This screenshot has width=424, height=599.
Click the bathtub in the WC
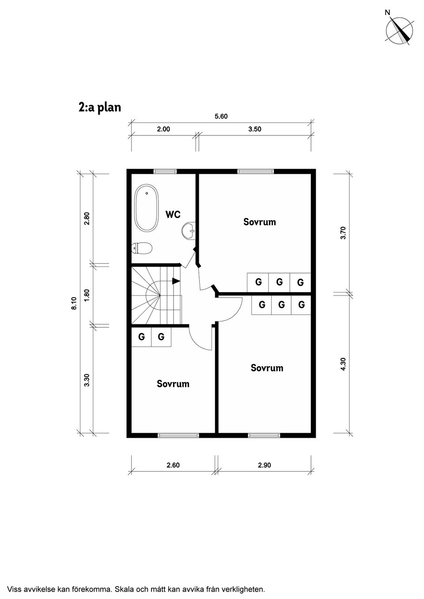tap(146, 208)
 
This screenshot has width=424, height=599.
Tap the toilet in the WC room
tap(142, 248)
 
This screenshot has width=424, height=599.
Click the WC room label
tap(173, 214)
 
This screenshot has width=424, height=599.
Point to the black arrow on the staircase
tap(176, 281)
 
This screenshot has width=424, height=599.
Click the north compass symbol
tap(399, 30)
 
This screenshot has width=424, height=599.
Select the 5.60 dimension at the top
tap(221, 116)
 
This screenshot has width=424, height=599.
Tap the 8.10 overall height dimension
tap(74, 303)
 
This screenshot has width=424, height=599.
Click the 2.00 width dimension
tap(163, 129)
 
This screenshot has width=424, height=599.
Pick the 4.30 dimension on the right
tap(344, 364)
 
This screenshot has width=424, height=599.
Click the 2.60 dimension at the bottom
tap(173, 465)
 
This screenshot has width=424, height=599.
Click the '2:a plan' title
tap(99, 108)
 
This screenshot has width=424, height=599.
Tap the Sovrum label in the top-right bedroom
tap(259, 222)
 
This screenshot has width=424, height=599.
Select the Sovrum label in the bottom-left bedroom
tap(173, 384)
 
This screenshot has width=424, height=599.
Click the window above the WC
tap(165, 171)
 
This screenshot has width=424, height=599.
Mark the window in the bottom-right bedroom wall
tap(264, 435)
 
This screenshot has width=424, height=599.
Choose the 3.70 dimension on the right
tap(344, 233)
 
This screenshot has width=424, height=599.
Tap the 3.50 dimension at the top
tap(254, 129)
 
